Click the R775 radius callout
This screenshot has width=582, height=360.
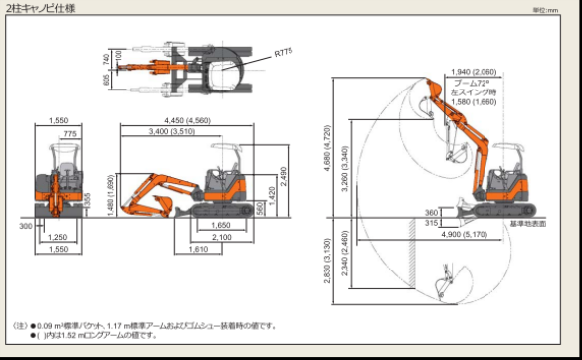pyautogui.click(x=285, y=50)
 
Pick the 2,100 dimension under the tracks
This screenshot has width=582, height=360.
pyautogui.click(x=221, y=237)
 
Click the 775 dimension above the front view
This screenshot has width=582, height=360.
pyautogui.click(x=68, y=132)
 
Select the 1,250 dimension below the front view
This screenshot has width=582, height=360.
pyautogui.click(x=57, y=237)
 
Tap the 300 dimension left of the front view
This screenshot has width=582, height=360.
pyautogui.click(x=25, y=226)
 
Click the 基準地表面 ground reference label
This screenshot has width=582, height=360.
pyautogui.click(x=527, y=224)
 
